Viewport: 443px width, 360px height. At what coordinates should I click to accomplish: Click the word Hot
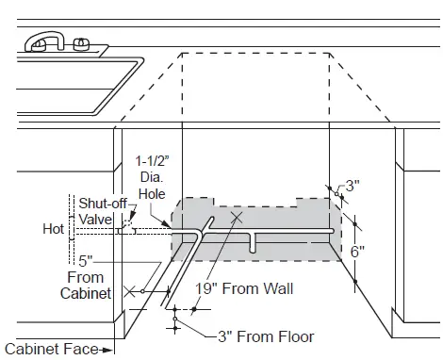53,228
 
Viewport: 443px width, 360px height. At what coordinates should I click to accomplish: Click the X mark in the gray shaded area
235,220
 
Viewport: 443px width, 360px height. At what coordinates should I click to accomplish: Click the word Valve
95,219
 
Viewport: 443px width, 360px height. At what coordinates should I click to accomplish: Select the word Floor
295,336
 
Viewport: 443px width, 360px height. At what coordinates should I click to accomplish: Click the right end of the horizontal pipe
332,231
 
